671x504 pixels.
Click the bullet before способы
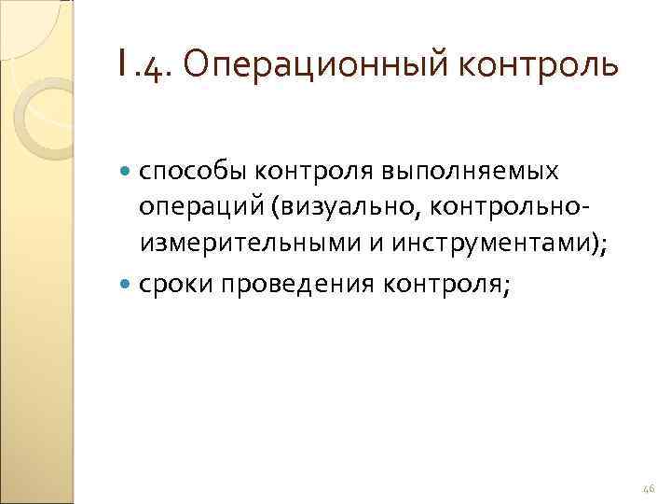coord(127,171)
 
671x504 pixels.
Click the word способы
coord(194,172)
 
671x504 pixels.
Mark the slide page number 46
coord(649,486)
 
